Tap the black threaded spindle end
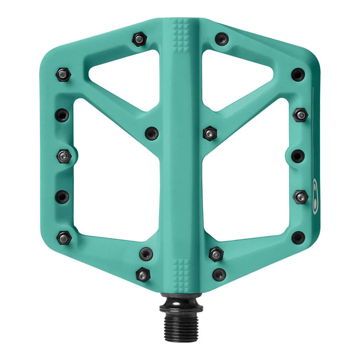(x=181, y=323)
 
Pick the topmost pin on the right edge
(x=298, y=75)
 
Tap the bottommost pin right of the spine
(x=219, y=274)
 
